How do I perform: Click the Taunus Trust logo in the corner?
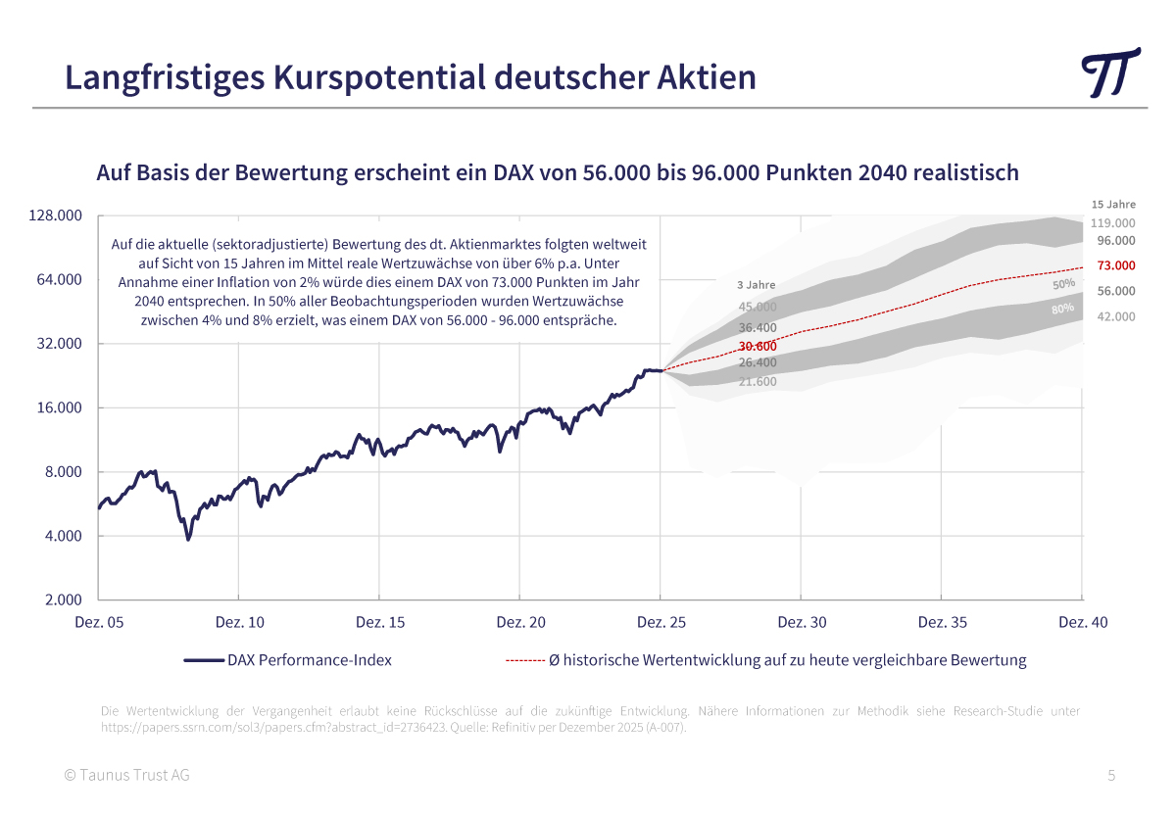point(1111,72)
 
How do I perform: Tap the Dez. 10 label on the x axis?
point(239,622)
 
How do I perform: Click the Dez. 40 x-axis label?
point(1083,622)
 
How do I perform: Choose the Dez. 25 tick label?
point(661,622)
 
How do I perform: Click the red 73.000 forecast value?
point(1116,265)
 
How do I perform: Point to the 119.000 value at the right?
point(1112,223)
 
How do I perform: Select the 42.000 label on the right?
point(1116,316)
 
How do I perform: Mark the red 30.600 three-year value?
point(758,346)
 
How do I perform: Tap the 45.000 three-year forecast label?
point(758,307)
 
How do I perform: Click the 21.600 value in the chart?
point(758,381)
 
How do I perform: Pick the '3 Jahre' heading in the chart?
point(756,285)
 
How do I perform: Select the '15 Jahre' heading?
point(1113,205)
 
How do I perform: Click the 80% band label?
point(1062,309)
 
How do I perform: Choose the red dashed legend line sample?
point(524,661)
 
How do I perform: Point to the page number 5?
point(1111,776)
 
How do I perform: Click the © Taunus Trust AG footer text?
point(126,776)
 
